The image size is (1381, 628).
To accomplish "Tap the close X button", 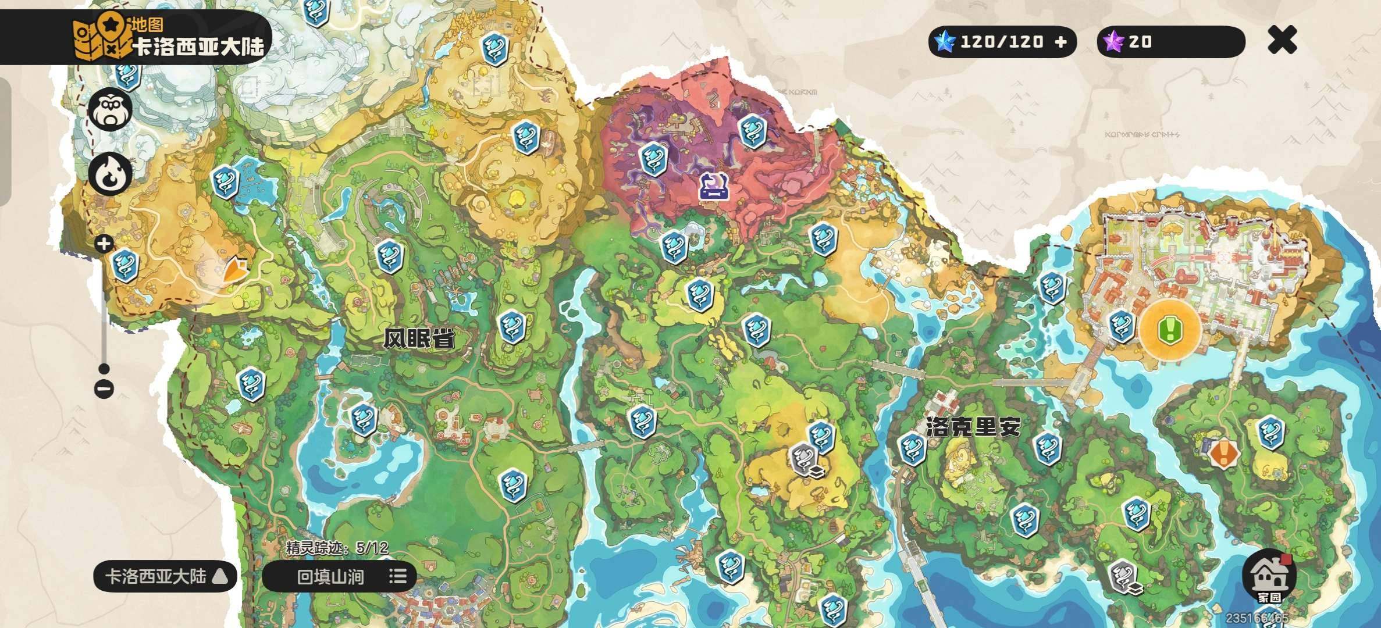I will pos(1282,40).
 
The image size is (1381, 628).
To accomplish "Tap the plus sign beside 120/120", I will pos(1061,42).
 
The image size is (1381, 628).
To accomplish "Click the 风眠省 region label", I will pos(419,338).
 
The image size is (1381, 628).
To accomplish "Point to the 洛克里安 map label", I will pos(973,428).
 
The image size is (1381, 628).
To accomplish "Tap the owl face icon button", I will pos(110,110).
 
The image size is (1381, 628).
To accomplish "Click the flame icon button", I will pos(110,174).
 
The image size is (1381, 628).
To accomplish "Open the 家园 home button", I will pos(1269,576).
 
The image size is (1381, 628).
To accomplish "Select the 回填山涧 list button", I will pos(339,576).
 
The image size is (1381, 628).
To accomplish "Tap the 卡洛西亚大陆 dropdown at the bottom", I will pos(165,576).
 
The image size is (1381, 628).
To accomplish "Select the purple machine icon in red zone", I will pos(714,186).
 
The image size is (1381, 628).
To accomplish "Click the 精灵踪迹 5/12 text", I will pos(337,547).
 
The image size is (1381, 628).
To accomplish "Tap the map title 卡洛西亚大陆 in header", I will pos(198,47).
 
